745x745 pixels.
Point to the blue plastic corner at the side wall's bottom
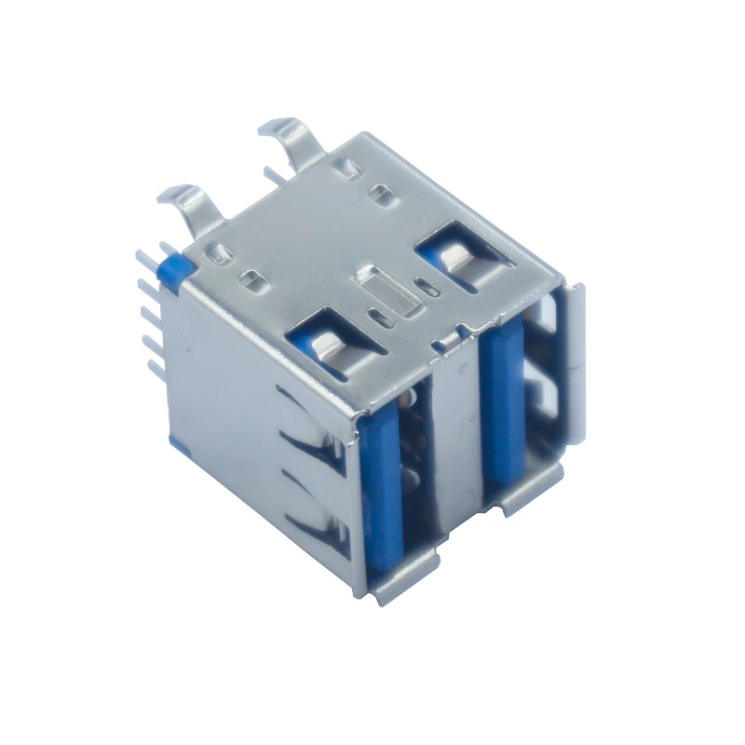coord(171,439)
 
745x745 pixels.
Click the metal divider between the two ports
coord(456,438)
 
